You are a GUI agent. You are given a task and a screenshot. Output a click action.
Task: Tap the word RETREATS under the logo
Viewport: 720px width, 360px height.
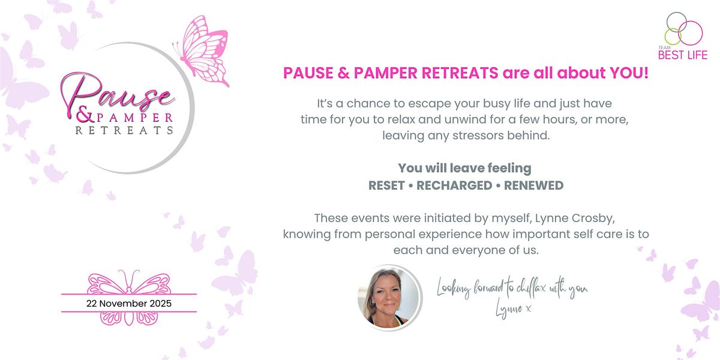click(x=124, y=130)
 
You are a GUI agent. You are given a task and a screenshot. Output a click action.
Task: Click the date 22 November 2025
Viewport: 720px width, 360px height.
click(x=128, y=304)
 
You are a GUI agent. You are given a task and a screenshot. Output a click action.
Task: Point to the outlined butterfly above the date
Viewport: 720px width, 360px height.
click(x=129, y=281)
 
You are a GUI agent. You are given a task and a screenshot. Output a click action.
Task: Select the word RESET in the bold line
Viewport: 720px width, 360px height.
click(x=386, y=185)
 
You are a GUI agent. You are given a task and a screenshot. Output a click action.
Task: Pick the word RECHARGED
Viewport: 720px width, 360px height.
click(x=454, y=185)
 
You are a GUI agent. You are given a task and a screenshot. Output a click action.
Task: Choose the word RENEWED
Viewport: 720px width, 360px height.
click(x=533, y=185)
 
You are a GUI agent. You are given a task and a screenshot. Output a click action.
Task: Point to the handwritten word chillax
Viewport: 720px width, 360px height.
click(x=529, y=289)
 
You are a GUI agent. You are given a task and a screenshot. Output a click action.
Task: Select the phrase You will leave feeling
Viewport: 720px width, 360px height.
click(x=465, y=169)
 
